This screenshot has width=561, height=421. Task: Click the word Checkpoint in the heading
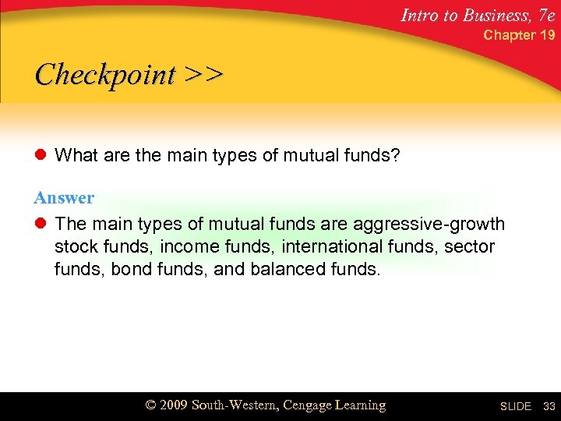105,75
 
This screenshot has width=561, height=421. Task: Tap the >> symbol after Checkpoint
204,75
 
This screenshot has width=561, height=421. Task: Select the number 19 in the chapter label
548,35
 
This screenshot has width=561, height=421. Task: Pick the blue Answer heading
64,198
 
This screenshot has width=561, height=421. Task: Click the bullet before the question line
41,157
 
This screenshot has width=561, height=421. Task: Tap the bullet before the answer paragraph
41,225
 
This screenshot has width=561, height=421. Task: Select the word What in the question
76,156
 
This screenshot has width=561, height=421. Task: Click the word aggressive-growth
429,225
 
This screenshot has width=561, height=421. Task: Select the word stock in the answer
75,248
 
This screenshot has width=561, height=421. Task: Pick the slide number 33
549,406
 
